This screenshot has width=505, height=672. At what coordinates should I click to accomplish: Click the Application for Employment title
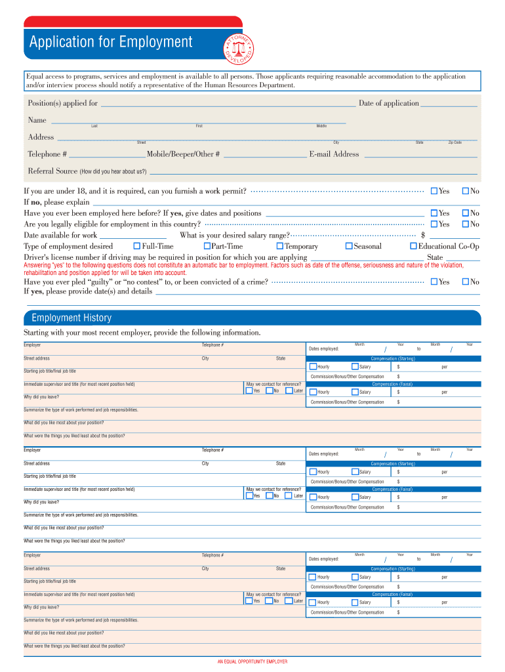coord(111,43)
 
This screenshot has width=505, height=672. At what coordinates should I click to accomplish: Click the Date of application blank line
coord(448,104)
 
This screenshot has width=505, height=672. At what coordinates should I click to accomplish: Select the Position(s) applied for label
coord(62,103)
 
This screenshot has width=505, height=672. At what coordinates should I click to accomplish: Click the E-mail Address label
coord(334,154)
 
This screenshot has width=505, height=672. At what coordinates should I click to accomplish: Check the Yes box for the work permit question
coord(434,191)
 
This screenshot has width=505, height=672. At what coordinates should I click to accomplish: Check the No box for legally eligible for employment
coord(466,224)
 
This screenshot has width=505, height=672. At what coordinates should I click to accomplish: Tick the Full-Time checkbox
coord(136,246)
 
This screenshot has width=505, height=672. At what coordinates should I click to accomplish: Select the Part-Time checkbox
coord(206,246)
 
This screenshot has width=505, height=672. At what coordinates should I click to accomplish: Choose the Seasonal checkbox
coord(349,246)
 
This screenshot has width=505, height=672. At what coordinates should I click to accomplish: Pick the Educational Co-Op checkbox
coord(413,246)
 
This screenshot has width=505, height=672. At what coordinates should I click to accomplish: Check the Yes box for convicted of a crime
coord(434,282)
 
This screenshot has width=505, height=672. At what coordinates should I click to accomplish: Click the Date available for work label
coord(60,235)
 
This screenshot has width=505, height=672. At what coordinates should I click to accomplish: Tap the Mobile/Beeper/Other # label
coord(183,154)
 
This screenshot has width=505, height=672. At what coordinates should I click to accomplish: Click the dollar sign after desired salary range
coord(423,235)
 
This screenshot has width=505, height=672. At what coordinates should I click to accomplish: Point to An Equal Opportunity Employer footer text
coord(253,661)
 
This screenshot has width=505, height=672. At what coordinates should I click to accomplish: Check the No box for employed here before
coord(466,213)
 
